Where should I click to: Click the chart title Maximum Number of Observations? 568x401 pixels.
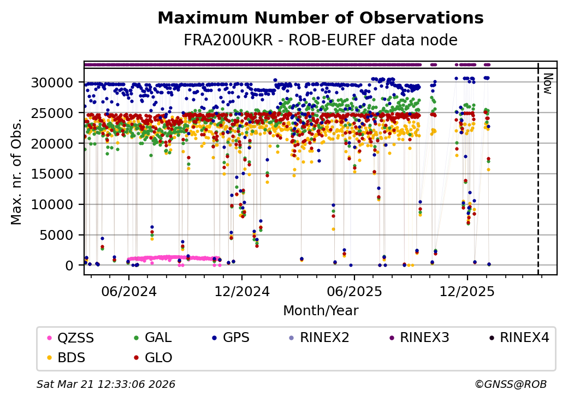coord(320,18)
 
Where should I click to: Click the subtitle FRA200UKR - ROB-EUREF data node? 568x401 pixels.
coord(320,40)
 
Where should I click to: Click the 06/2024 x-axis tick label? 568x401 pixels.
coord(129,291)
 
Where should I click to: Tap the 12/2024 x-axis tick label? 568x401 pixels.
coord(242,291)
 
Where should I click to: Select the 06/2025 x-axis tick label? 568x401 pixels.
coord(354,291)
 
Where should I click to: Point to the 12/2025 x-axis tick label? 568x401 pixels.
coord(467,291)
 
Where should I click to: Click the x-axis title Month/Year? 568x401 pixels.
coord(321,311)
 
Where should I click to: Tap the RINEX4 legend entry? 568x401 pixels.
coord(524,338)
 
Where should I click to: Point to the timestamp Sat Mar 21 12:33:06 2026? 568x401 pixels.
coord(106,385)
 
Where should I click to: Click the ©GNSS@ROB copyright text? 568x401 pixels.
coord(511,385)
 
